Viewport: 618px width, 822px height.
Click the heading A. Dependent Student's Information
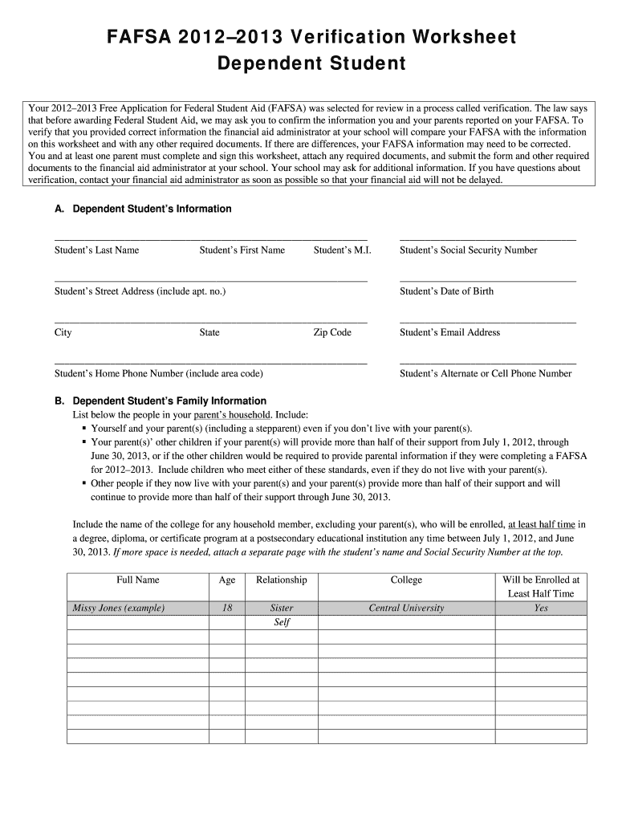tap(143, 209)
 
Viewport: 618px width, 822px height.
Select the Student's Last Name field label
tap(96, 250)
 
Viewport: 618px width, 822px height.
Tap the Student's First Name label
tap(242, 250)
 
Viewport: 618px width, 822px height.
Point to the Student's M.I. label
tap(342, 250)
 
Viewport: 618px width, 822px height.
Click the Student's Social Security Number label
tap(468, 250)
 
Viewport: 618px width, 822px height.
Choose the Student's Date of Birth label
tap(446, 291)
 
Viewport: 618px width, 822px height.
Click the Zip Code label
tap(332, 332)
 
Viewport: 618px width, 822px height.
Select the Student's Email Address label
tap(449, 332)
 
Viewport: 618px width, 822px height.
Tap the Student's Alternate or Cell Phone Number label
tap(486, 373)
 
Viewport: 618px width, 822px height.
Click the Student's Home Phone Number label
tap(158, 373)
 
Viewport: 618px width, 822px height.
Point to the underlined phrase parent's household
tap(231, 416)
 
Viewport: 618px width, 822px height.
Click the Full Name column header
tap(137, 580)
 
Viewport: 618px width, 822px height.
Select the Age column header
tap(227, 580)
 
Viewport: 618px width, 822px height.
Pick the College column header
tap(406, 580)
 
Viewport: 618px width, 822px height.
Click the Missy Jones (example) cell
tap(119, 608)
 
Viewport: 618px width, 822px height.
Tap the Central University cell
tap(406, 608)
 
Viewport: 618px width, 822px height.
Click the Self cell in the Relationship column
tap(282, 623)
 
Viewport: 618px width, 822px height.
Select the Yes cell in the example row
tap(540, 608)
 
